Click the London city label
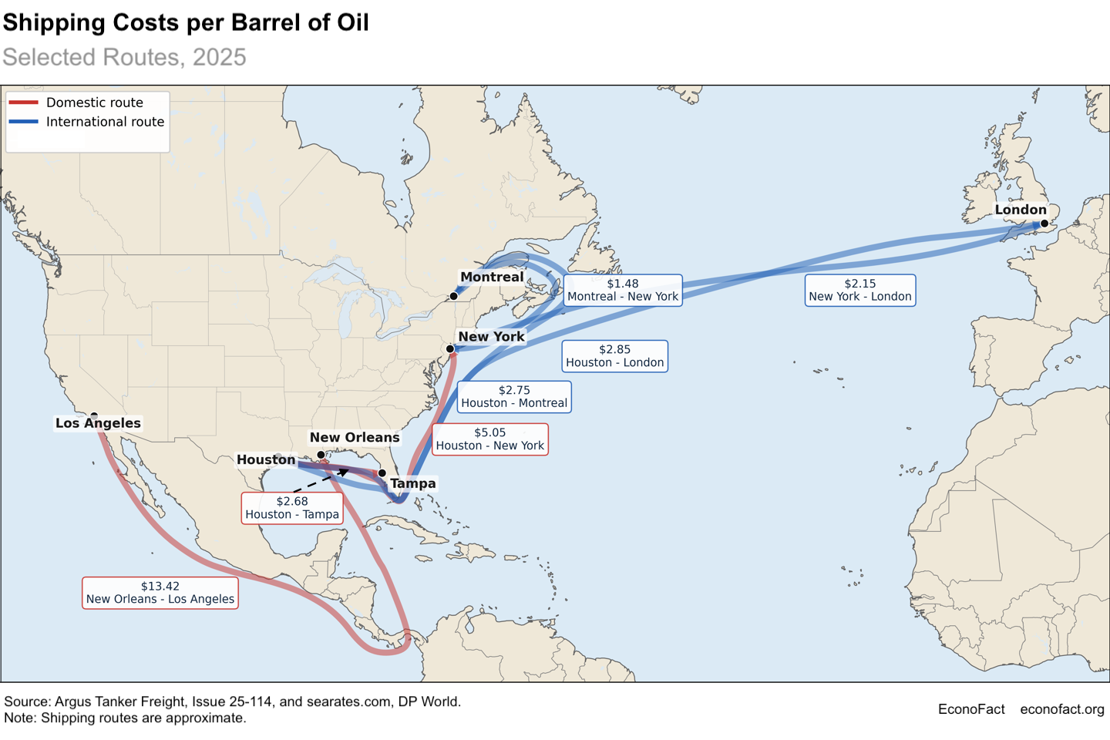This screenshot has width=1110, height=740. [1020, 210]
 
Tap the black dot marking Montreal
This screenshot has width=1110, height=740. [454, 296]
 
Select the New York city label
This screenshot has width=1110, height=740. [491, 336]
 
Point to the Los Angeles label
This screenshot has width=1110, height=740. [98, 423]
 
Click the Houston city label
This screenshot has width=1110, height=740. [266, 459]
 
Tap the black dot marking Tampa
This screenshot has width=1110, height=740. [382, 473]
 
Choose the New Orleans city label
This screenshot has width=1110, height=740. [355, 437]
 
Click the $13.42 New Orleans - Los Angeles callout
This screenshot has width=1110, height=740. [160, 593]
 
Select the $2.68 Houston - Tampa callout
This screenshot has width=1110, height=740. [292, 508]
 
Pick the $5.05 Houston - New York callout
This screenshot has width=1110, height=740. [490, 439]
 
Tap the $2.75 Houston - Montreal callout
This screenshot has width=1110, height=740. [514, 397]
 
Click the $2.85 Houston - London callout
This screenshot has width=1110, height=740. [614, 356]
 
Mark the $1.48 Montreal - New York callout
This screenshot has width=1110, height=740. [623, 290]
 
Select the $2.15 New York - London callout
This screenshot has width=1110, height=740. [860, 290]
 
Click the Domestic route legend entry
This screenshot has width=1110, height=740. [94, 103]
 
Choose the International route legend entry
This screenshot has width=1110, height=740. [105, 122]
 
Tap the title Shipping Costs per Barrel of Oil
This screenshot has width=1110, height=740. [186, 22]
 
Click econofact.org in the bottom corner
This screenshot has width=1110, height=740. [1061, 709]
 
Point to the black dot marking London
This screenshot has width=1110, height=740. [1044, 224]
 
